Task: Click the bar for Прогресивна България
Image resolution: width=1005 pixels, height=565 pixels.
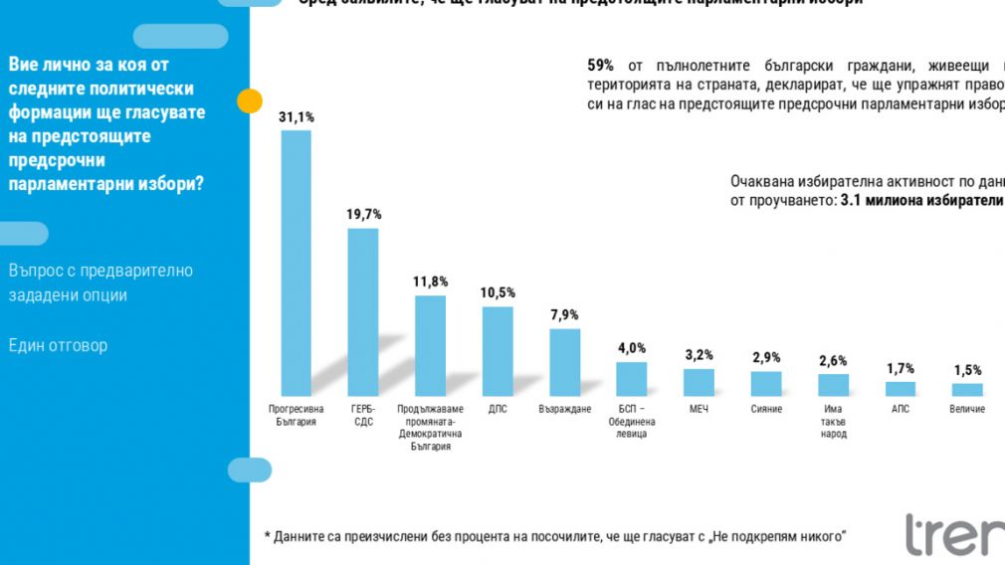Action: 296,264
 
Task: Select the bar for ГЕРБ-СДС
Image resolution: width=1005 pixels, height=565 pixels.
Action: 363,312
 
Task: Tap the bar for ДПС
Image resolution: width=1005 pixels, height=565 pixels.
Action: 498,351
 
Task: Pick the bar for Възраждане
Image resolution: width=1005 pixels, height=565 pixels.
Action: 564,362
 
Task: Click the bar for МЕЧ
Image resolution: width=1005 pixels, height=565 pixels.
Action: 699,382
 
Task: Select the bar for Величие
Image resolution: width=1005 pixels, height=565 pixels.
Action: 966,390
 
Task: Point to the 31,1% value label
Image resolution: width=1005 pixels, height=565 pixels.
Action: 296,117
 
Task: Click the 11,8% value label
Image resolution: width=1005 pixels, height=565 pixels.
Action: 430,282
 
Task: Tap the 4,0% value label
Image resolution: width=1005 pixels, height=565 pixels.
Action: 631,348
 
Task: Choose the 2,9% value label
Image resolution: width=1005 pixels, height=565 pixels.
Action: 765,357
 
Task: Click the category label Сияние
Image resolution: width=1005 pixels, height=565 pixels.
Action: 765,409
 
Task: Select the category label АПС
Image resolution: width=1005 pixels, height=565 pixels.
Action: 900,409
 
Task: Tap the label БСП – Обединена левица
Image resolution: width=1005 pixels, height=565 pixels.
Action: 631,422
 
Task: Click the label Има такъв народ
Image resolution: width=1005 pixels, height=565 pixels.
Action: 833,422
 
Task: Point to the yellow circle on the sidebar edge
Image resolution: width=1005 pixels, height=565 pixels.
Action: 249,100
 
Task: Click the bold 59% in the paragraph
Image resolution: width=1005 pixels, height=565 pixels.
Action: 601,66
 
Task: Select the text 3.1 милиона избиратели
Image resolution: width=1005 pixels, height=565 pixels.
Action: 921,200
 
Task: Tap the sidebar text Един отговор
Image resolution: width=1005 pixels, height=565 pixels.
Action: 58,345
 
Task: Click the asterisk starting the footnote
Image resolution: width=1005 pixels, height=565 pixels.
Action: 267,537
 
